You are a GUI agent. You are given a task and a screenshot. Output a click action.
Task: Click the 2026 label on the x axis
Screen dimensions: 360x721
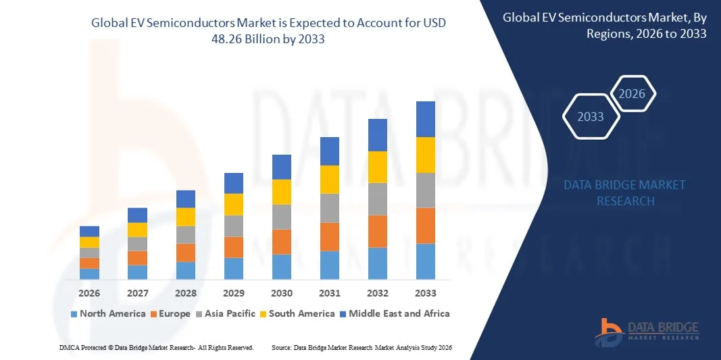(89, 293)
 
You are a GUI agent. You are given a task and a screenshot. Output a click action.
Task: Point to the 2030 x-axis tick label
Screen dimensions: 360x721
(282, 293)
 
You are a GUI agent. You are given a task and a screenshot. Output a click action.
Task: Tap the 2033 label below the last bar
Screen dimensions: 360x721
(426, 293)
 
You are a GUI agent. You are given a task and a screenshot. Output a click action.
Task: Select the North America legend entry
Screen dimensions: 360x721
(107, 313)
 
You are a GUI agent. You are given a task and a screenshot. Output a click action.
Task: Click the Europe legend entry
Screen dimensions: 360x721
(170, 313)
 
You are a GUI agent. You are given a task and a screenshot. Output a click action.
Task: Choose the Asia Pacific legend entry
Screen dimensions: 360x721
(225, 313)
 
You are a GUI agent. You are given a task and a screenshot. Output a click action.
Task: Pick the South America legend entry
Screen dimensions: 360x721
(297, 313)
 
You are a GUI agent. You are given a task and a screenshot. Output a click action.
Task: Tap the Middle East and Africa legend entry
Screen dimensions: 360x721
(394, 313)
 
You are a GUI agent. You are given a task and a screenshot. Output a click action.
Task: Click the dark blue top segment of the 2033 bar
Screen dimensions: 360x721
(426, 119)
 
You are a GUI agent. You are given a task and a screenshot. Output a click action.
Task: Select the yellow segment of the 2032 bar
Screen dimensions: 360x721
(378, 167)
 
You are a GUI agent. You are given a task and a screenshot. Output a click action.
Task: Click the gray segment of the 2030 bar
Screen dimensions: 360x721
(282, 217)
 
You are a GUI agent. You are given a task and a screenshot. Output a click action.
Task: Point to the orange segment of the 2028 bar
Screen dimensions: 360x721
(186, 253)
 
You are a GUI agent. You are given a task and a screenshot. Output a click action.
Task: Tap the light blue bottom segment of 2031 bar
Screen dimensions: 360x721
(330, 265)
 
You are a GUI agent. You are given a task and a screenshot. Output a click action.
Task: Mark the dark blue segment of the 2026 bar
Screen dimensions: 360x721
(89, 231)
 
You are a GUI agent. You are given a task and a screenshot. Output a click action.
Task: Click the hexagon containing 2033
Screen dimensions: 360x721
(591, 117)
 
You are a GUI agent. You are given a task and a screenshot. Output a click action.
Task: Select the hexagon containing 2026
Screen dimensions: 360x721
(632, 94)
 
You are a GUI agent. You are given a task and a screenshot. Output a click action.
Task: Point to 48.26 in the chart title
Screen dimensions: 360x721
(229, 39)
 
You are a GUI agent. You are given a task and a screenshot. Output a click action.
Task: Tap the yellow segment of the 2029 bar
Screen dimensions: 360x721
(234, 204)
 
